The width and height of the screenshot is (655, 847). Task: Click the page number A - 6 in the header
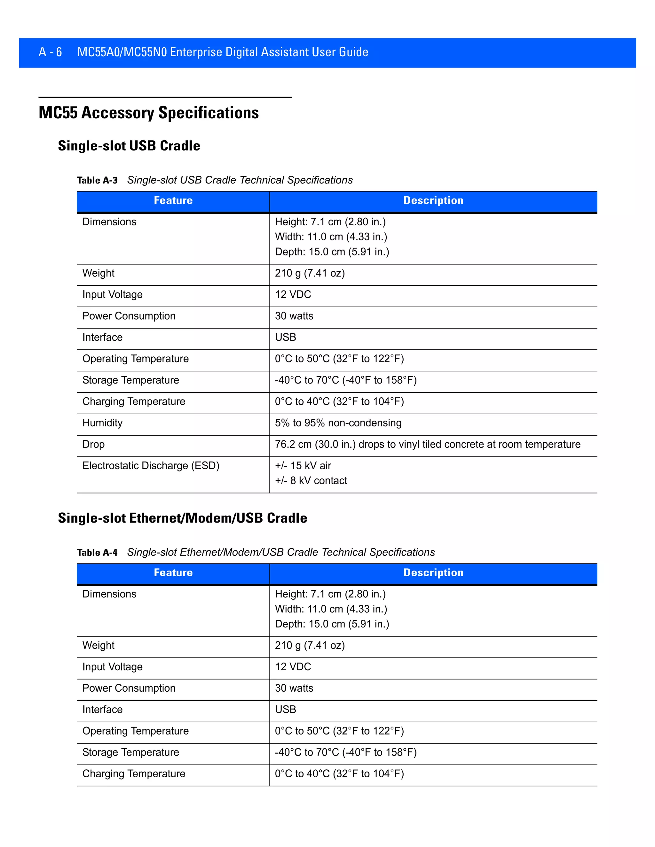coord(50,52)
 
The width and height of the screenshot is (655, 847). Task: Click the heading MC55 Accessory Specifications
coord(149,113)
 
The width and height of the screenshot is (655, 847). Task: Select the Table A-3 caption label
coord(97,180)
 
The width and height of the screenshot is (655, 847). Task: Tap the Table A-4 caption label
coord(97,553)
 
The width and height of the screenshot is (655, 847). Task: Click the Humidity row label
coord(102,423)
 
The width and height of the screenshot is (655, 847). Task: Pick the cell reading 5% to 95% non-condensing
coord(338,423)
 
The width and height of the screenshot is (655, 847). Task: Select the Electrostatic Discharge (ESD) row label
coord(151,465)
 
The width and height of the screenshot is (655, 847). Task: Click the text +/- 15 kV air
coord(303,465)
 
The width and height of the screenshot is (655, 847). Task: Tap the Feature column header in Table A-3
coord(173,200)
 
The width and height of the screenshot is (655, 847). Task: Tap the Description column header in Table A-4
coord(433,573)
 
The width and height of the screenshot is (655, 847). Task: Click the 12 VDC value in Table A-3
coord(293,294)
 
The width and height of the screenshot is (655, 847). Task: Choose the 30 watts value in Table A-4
coord(294,688)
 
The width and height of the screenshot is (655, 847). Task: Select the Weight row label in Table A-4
coord(99,645)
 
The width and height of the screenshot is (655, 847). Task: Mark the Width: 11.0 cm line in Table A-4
coord(331,609)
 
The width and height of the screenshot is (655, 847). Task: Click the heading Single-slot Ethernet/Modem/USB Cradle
coord(182,518)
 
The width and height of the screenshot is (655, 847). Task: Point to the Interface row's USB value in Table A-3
coord(286,338)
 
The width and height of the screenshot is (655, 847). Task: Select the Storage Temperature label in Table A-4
coord(131,752)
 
